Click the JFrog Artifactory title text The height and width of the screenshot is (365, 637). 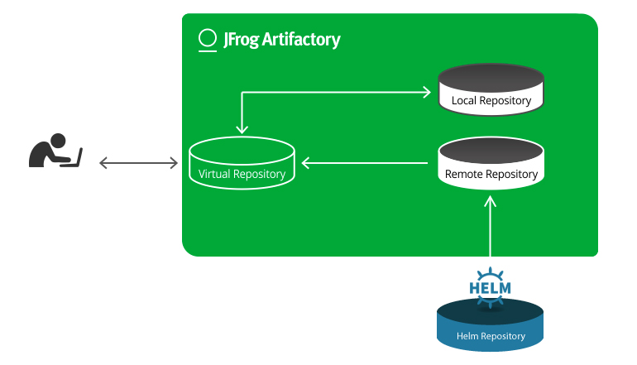coord(281,39)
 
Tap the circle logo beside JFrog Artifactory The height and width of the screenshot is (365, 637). coord(208,39)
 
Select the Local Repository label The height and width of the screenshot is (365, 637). coord(491,101)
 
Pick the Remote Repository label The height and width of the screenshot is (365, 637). coord(491,175)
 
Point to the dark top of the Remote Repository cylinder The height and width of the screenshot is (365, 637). coord(491,152)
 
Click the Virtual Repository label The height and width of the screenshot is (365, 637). coord(242,175)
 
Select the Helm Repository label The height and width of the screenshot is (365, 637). coord(491,336)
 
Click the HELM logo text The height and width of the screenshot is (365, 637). coord(490,289)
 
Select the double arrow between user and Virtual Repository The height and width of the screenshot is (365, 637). coord(139,163)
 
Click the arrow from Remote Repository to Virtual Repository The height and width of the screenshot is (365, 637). coord(368,163)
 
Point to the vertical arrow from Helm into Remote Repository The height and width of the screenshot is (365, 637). coord(491,228)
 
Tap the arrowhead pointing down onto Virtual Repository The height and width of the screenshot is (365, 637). coord(242,129)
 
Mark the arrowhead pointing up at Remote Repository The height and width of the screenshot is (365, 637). coord(491,199)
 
